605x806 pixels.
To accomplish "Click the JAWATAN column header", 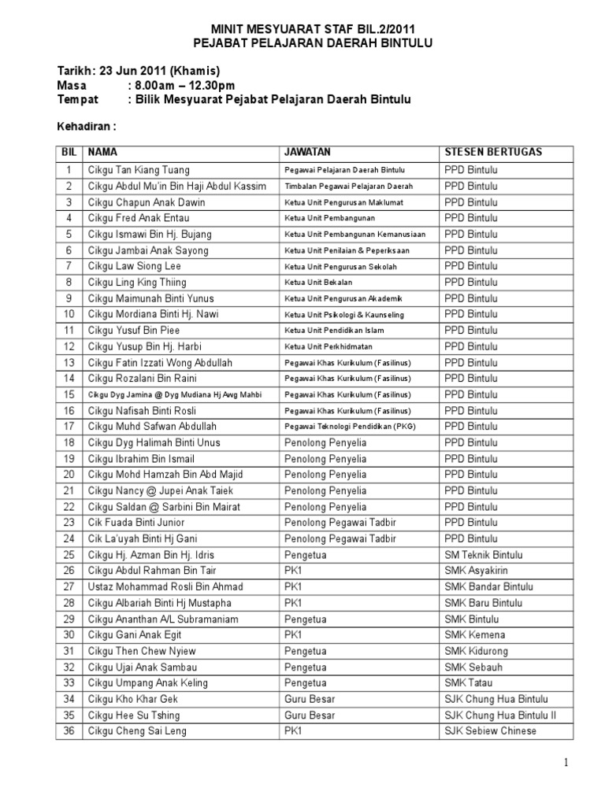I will click(307, 152).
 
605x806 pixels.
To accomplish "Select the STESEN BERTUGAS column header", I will click(493, 152).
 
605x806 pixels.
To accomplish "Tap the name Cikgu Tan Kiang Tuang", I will click(139, 170).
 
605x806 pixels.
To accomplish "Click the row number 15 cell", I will click(69, 394).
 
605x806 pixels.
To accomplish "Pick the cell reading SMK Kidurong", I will click(476, 651).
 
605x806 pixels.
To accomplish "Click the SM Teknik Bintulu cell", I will click(483, 555).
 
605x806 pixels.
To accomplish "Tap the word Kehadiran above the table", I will click(87, 125).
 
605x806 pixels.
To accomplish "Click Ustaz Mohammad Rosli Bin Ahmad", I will click(165, 587).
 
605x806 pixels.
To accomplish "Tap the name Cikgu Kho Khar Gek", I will click(133, 699).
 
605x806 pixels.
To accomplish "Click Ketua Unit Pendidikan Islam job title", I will click(335, 331).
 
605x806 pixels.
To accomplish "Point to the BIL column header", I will click(69, 152).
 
